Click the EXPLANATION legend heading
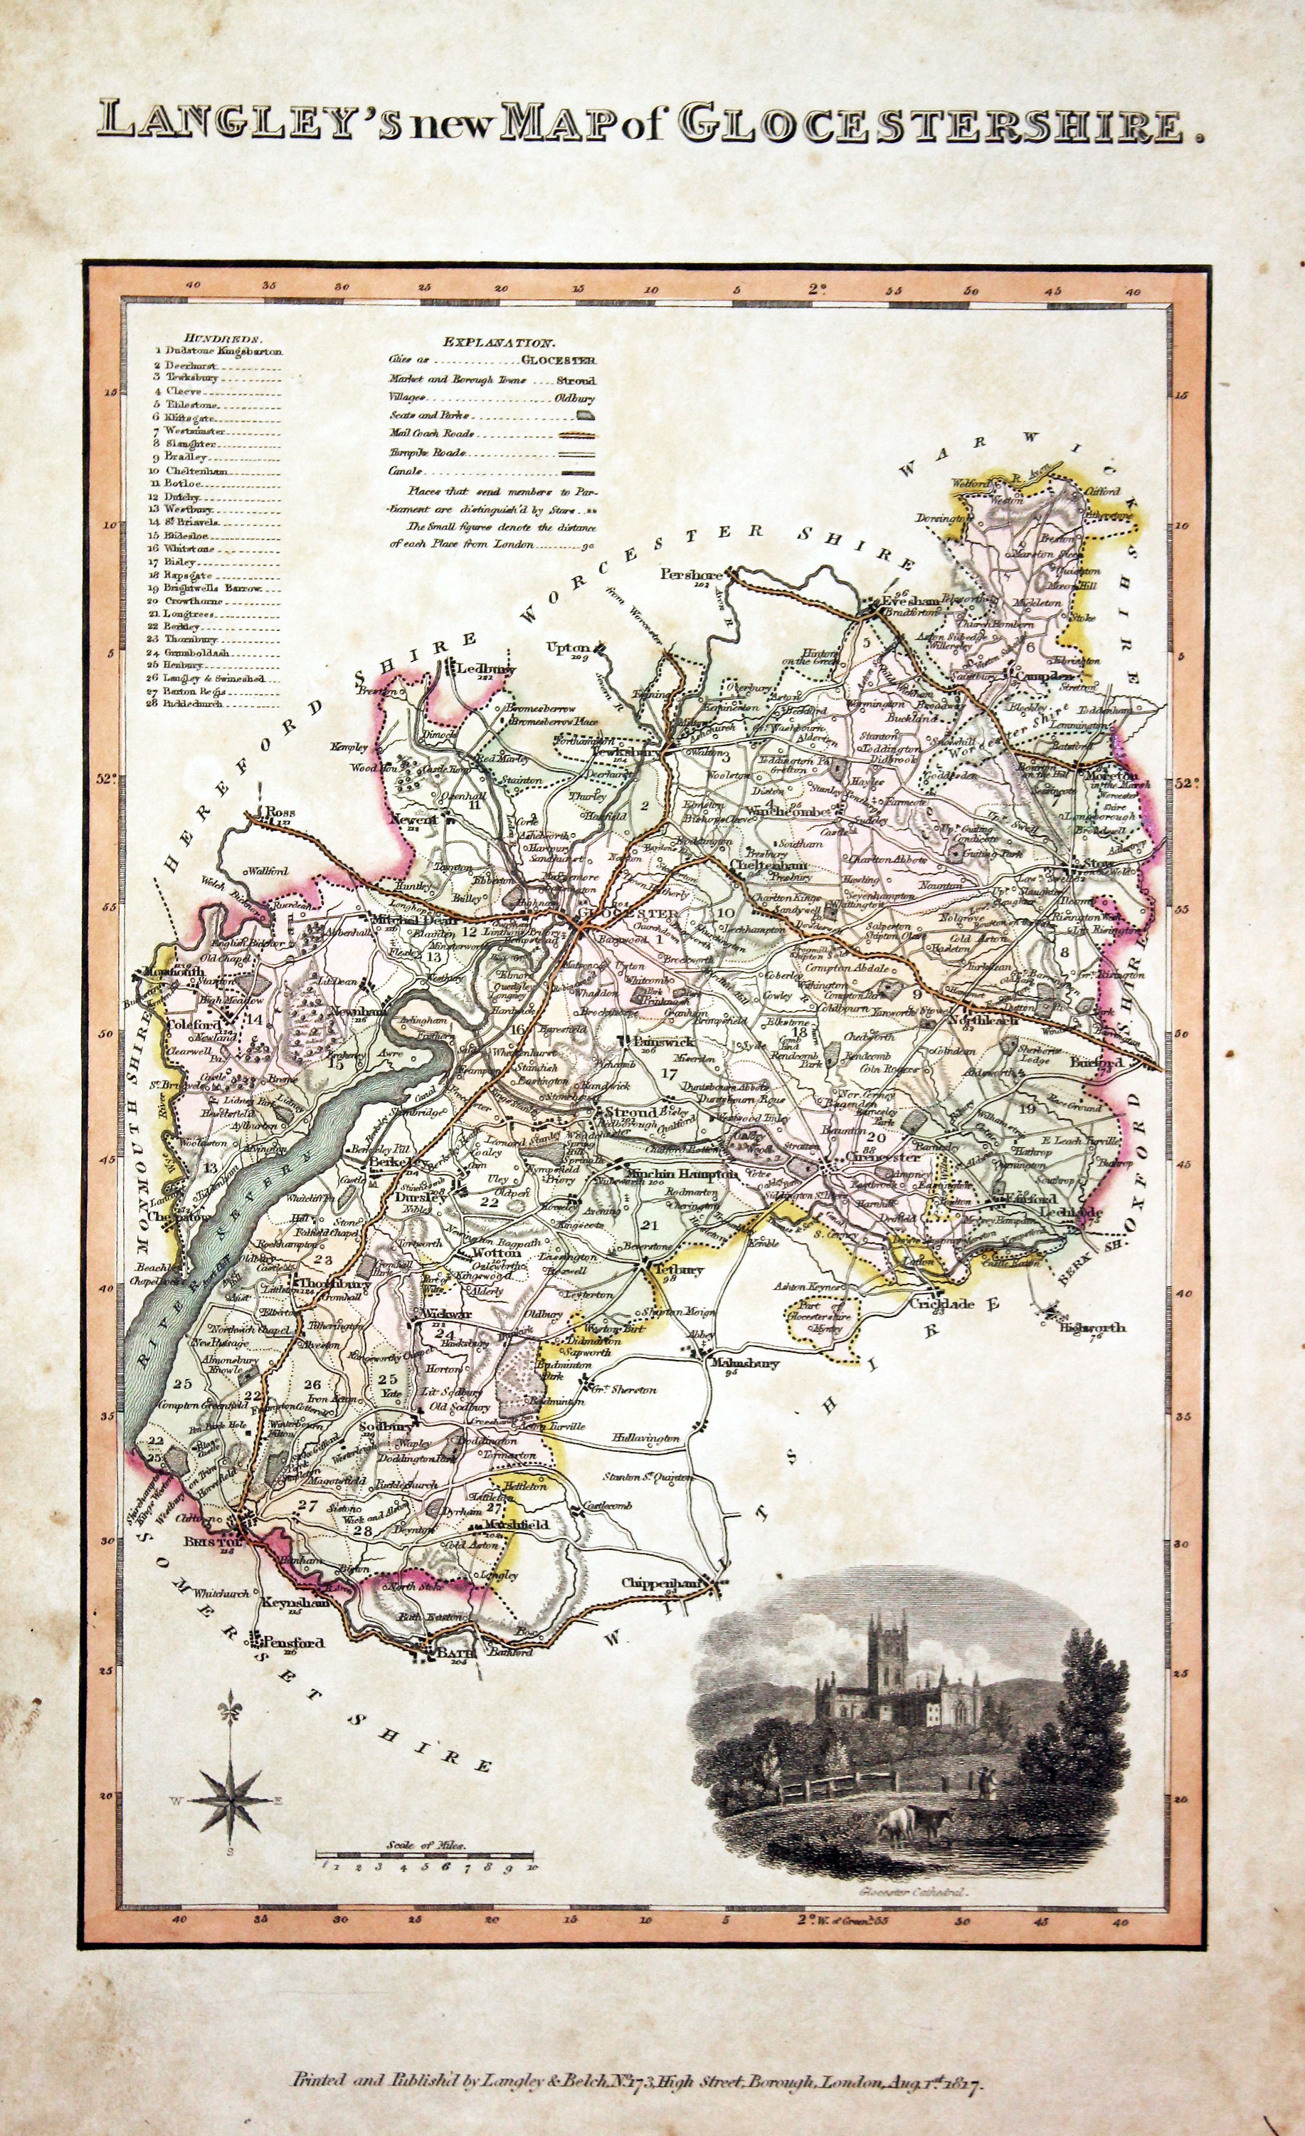click(498, 343)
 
